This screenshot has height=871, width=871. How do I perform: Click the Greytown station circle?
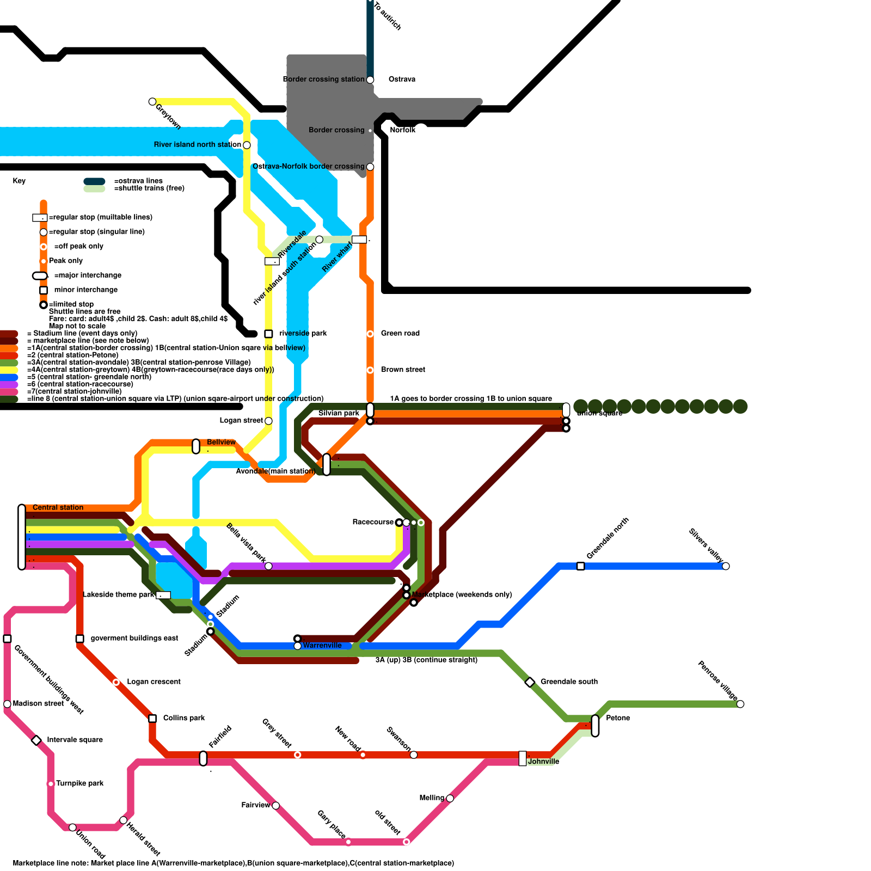(152, 102)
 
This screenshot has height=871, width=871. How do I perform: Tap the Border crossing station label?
(323, 79)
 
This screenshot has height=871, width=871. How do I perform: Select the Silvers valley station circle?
(726, 566)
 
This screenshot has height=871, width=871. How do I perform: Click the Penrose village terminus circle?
(740, 704)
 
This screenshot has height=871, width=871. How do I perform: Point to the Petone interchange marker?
(595, 726)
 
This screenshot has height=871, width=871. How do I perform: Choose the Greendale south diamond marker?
(530, 682)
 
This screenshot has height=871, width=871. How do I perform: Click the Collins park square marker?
(152, 719)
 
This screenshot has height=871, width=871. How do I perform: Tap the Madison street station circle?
(7, 704)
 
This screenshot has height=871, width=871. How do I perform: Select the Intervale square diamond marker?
(36, 740)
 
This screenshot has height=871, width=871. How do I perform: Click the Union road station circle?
(72, 827)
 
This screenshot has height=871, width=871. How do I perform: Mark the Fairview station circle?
(275, 806)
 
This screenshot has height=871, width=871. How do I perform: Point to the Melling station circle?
(450, 799)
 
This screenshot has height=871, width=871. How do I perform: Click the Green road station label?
(400, 333)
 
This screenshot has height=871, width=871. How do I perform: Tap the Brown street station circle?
(370, 370)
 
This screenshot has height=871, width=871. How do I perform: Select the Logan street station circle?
(268, 421)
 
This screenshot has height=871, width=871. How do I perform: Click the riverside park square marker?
(268, 334)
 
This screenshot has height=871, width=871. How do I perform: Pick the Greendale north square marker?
(580, 566)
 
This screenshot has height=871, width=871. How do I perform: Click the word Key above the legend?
(19, 181)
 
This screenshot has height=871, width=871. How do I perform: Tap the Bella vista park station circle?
(268, 566)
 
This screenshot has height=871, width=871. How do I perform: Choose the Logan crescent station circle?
(116, 682)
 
